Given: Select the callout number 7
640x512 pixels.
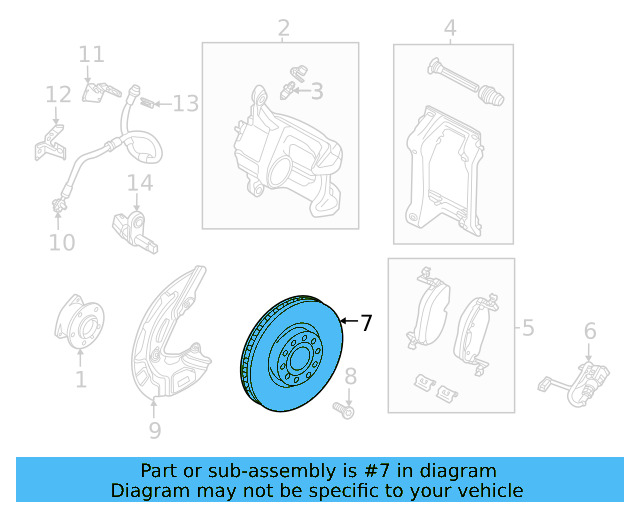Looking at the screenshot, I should [366, 323].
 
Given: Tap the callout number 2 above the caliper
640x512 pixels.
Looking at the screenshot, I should [283, 28].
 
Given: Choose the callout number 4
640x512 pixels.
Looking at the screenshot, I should [451, 28].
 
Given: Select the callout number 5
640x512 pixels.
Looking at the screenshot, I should [527, 326].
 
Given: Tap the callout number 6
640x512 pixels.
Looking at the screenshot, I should [590, 331].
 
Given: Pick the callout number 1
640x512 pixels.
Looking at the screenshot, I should [80, 379].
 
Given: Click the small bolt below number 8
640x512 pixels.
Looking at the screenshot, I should [347, 409].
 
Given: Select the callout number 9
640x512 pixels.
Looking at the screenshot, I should [154, 431].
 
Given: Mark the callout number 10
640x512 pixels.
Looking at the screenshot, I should [62, 242].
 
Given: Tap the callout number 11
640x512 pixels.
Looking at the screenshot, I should [91, 54].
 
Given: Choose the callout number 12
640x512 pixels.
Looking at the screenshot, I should [58, 94].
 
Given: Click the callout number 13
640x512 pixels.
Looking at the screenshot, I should [186, 103].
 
